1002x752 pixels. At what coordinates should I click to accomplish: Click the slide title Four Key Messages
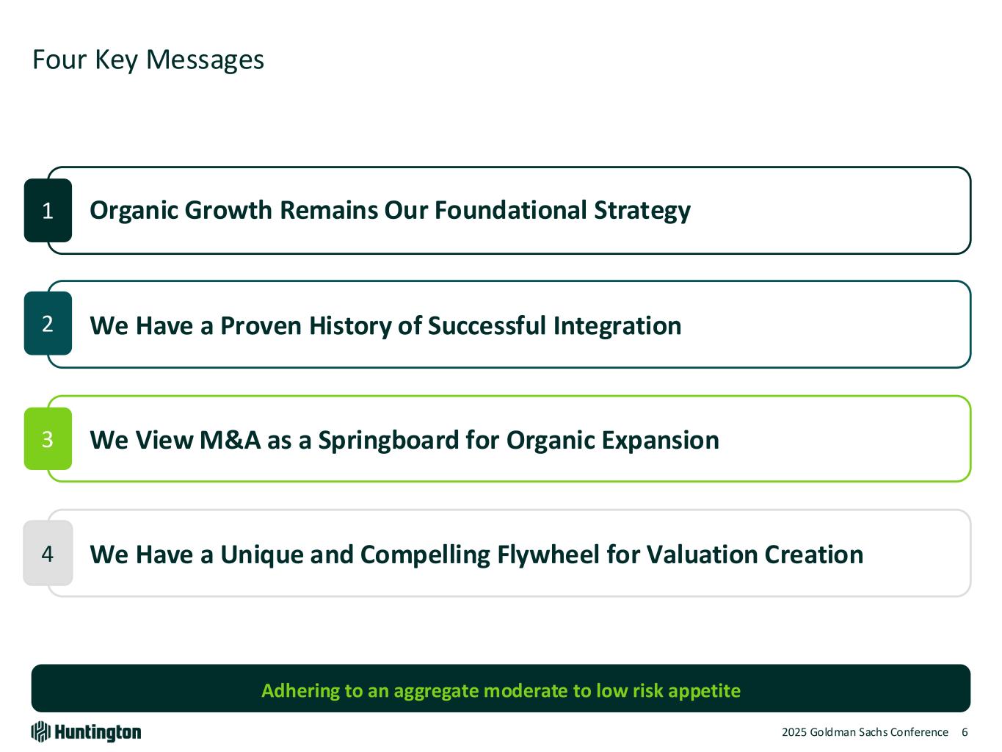(x=148, y=60)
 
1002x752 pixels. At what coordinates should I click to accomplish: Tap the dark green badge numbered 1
(x=48, y=211)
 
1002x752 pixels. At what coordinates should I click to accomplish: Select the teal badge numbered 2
(x=48, y=324)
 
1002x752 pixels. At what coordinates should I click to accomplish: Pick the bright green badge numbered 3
(x=48, y=438)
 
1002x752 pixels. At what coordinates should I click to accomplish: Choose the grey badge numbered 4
(x=48, y=554)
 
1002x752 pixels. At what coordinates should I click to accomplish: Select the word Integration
(x=617, y=327)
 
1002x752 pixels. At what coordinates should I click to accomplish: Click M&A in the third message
(x=230, y=441)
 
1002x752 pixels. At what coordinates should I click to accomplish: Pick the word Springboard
(x=388, y=441)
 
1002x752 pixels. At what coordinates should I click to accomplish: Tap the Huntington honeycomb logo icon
(x=40, y=732)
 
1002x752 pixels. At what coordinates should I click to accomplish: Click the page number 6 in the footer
(x=965, y=732)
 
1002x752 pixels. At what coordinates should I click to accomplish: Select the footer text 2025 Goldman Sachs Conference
(x=865, y=732)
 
